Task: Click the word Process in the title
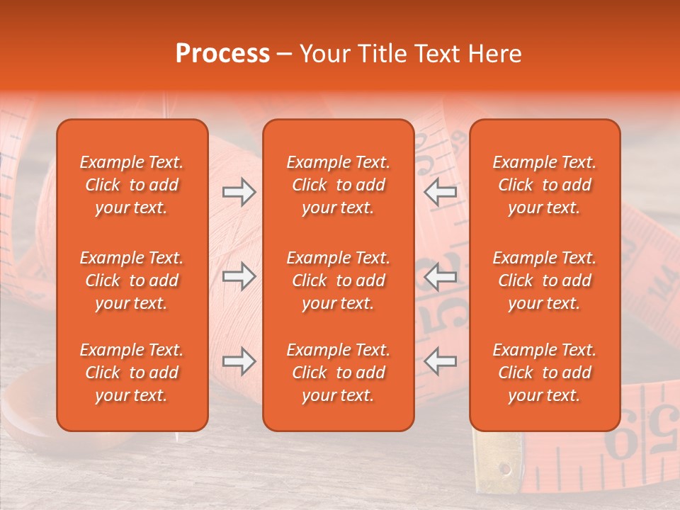(x=222, y=54)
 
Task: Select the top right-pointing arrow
(x=239, y=192)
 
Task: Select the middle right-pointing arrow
(x=239, y=276)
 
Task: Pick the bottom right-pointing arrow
(x=239, y=361)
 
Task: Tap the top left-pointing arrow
(x=440, y=192)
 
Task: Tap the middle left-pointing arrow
(x=440, y=276)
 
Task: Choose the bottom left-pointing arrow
(x=440, y=361)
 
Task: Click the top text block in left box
(x=132, y=185)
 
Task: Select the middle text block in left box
(x=132, y=280)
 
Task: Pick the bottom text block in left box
(x=132, y=373)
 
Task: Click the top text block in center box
(x=338, y=185)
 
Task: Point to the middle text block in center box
(x=338, y=280)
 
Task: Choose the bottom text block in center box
(x=338, y=373)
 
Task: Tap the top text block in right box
(x=544, y=185)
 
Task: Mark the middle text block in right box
(x=544, y=280)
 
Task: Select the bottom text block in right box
(x=544, y=373)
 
